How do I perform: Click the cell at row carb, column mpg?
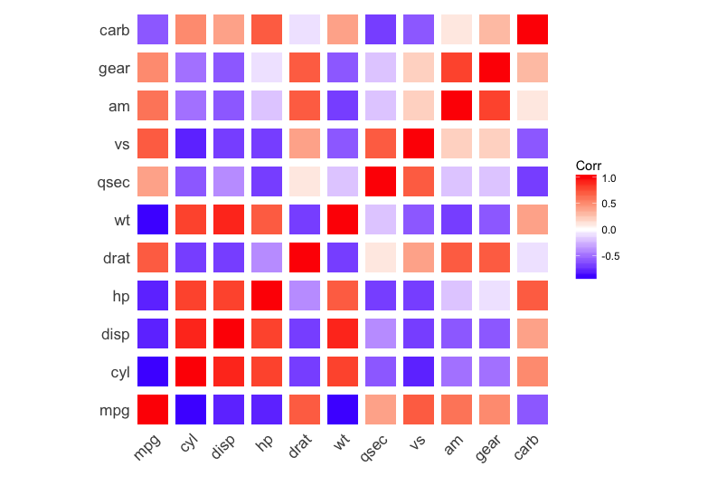(x=153, y=30)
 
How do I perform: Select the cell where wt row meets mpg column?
(x=153, y=220)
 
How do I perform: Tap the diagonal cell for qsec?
(x=381, y=182)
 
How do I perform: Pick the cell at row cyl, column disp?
(x=229, y=372)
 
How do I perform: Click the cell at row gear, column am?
(x=457, y=68)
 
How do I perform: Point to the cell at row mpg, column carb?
(x=533, y=410)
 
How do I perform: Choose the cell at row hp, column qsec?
(x=381, y=296)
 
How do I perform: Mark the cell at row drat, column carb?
(x=533, y=258)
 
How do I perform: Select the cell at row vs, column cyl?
(x=191, y=144)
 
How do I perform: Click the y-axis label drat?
(x=116, y=258)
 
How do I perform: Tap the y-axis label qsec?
(x=114, y=182)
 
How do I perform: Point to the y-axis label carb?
(x=115, y=30)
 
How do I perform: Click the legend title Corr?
(x=589, y=166)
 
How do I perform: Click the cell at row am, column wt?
(x=343, y=106)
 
